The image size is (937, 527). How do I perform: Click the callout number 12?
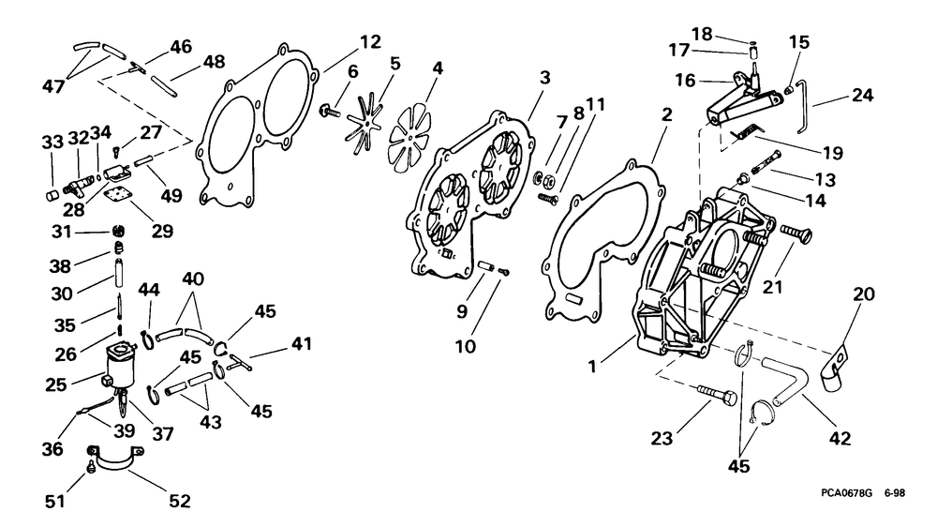tap(370, 42)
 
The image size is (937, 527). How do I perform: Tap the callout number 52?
tap(179, 501)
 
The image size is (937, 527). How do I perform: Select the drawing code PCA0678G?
tap(846, 493)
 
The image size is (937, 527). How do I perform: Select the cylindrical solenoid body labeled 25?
tap(121, 366)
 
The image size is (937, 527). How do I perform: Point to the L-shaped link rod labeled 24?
tap(804, 108)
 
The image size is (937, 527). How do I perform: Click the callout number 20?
tap(864, 294)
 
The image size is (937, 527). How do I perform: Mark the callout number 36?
tap(52, 448)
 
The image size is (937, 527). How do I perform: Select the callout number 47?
tap(52, 86)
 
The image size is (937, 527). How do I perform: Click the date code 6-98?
tap(895, 493)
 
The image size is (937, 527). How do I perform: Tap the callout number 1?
tap(592, 366)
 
